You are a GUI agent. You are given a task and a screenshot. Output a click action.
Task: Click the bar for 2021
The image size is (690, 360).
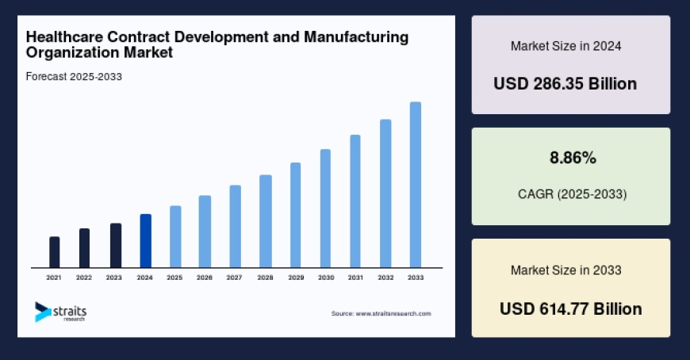[54, 252]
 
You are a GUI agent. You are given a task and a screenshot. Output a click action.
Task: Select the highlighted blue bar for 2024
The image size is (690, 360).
[145, 241]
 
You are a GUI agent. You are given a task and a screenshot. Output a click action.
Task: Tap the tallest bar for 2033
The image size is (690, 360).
[415, 185]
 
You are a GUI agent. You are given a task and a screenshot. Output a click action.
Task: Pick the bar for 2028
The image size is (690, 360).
[266, 221]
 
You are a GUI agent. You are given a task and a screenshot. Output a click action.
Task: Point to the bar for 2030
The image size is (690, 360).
[325, 209]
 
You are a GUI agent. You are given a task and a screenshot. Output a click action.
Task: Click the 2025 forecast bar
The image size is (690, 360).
[175, 236]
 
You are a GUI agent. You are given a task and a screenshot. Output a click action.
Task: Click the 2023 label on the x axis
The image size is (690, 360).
[114, 278]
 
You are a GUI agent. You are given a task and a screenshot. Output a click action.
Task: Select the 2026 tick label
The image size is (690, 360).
[205, 278]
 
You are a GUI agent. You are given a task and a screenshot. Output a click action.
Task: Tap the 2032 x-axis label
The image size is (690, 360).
[385, 278]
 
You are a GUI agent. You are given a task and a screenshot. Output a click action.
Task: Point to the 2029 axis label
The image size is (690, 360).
[295, 278]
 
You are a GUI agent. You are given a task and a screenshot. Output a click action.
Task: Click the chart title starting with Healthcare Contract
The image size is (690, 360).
[217, 44]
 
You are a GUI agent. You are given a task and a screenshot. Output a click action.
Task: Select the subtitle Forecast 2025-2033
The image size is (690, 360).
[73, 77]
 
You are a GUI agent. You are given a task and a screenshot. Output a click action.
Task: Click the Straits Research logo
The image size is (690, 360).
[60, 312]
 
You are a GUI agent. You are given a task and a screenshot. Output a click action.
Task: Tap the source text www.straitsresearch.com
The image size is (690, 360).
[381, 314]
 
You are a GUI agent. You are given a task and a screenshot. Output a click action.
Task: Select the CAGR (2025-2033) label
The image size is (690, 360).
[571, 194]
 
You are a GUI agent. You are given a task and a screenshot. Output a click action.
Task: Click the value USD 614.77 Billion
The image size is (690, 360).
[571, 308]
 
